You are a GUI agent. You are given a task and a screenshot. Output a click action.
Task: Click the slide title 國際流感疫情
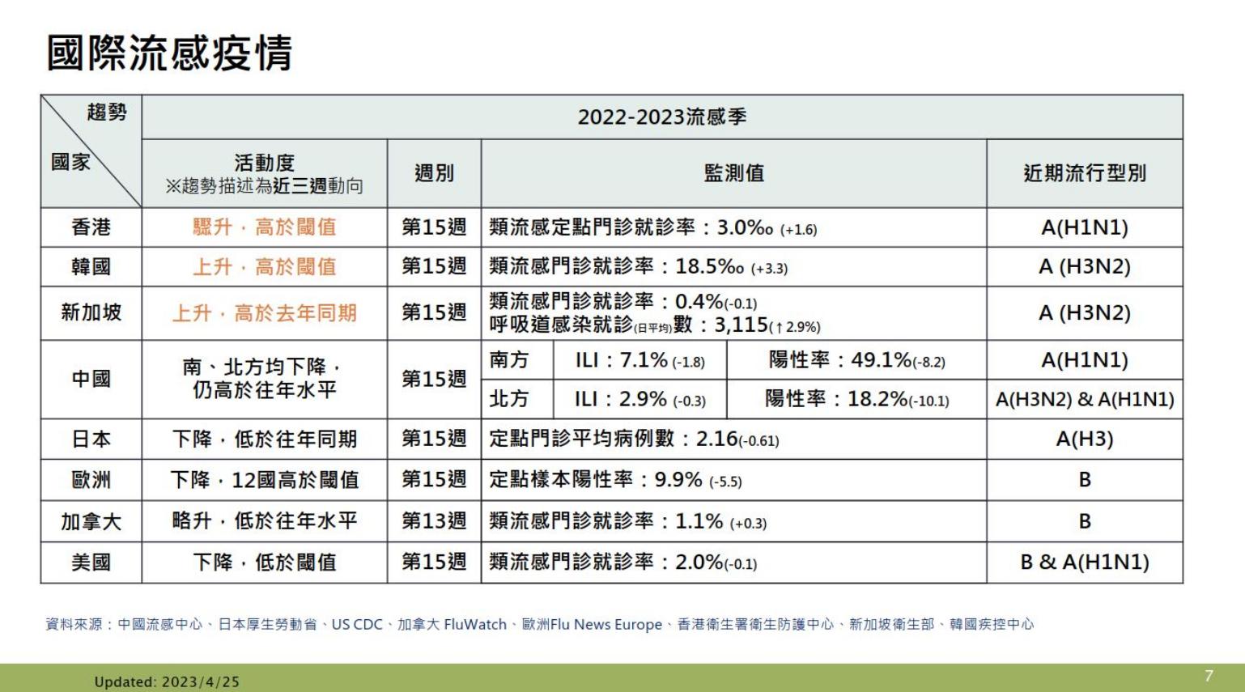pos(169,53)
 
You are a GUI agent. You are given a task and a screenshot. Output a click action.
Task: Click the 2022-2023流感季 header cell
pos(661,117)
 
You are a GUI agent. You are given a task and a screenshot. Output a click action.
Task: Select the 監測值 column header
pos(733,173)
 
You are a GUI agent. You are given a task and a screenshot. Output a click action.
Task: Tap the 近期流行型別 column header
pos(1084,173)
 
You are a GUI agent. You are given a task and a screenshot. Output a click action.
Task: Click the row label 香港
pos(91,227)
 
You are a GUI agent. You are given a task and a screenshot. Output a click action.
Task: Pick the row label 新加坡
pos(91,312)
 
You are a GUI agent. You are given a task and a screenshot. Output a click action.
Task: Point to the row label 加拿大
pos(91,521)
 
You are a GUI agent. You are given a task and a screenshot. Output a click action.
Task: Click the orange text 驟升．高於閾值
pos(264,227)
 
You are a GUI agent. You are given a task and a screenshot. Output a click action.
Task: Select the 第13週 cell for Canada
pos(434,521)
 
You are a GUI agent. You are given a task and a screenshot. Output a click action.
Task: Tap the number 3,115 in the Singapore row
pos(741,325)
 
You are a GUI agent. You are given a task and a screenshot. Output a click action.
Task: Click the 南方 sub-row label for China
pos(509,360)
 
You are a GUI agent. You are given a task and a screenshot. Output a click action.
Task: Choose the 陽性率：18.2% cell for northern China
pos(856,399)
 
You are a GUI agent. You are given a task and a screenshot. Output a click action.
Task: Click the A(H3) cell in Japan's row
pos(1084,439)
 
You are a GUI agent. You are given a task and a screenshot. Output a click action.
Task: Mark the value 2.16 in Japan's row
pos(716,439)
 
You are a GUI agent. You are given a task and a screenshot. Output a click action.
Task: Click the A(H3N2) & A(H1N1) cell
pos(1084,399)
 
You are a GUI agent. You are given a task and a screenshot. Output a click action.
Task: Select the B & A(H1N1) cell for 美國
pos(1084,563)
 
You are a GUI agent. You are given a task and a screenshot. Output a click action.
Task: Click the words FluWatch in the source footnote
pos(475,625)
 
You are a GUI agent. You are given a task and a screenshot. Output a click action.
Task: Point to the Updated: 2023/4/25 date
pos(167,681)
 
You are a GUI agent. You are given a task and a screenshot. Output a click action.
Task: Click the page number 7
pos(1209,676)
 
